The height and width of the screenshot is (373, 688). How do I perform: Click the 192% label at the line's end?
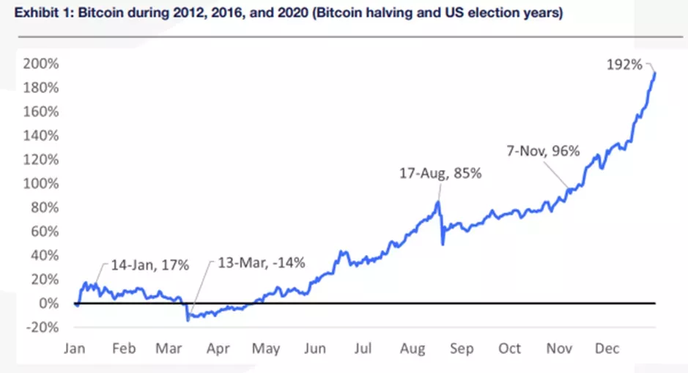(x=624, y=64)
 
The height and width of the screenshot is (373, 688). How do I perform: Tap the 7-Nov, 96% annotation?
(x=543, y=152)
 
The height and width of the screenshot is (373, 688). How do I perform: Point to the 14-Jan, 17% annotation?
(x=149, y=265)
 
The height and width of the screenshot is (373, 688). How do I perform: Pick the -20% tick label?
(x=43, y=327)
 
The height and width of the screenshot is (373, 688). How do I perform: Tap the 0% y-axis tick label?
(x=49, y=303)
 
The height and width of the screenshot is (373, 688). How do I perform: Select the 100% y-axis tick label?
(x=41, y=183)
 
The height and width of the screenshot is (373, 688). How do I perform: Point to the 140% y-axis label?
(x=41, y=136)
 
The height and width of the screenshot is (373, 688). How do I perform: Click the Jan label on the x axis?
(x=75, y=348)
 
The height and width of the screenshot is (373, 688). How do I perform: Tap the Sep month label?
(x=462, y=348)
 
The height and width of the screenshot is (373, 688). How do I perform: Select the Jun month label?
(x=315, y=348)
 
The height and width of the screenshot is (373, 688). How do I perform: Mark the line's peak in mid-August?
(x=438, y=202)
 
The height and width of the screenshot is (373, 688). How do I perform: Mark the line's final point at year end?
(x=655, y=73)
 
